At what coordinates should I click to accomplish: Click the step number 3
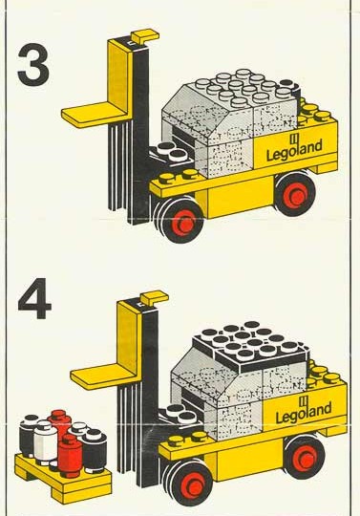pyautogui.click(x=33, y=65)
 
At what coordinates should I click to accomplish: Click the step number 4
pyautogui.click(x=34, y=298)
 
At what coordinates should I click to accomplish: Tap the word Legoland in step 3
pyautogui.click(x=294, y=150)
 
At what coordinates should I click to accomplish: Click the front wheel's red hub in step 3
pyautogui.click(x=182, y=224)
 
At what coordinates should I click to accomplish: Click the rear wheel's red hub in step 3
pyautogui.click(x=296, y=195)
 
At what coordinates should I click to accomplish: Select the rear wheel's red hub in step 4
pyautogui.click(x=306, y=458)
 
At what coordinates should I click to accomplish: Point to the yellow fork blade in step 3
pyautogui.click(x=95, y=115)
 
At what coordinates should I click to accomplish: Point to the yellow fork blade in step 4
pyautogui.click(x=103, y=376)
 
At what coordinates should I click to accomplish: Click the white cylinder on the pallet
pyautogui.click(x=45, y=441)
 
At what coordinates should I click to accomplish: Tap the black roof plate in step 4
pyautogui.click(x=251, y=347)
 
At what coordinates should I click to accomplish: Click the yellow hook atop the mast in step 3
pyautogui.click(x=144, y=37)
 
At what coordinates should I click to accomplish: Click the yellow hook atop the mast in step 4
pyautogui.click(x=154, y=299)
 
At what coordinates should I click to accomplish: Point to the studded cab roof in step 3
pyautogui.click(x=244, y=88)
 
